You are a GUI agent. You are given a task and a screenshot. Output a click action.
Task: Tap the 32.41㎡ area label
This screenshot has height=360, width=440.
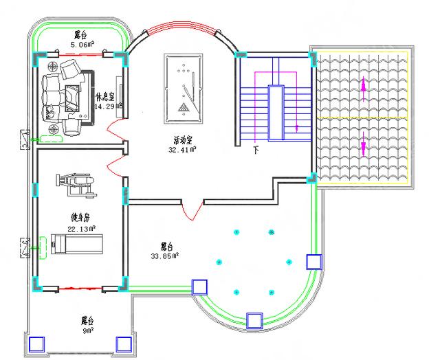[x=184, y=148]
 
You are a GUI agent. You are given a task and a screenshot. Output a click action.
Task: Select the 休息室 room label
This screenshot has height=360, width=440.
[x=106, y=97]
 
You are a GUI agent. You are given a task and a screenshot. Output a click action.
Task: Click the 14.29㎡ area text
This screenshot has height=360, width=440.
[x=109, y=106]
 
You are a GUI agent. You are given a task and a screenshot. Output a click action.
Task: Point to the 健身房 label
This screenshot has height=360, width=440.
[x=81, y=218]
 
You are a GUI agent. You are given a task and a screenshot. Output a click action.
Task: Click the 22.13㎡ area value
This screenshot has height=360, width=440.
[x=81, y=228]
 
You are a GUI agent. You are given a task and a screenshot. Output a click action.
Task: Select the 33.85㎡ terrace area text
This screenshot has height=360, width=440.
[x=165, y=256]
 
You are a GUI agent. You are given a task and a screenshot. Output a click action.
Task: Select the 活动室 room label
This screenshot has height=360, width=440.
[x=184, y=139]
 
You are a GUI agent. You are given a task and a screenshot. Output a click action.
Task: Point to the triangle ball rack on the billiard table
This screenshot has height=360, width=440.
[x=184, y=107]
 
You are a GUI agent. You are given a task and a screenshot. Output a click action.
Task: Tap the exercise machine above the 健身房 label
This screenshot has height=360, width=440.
[x=71, y=182]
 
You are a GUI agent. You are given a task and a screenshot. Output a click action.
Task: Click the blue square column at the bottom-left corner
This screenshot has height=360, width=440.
[x=36, y=343]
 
